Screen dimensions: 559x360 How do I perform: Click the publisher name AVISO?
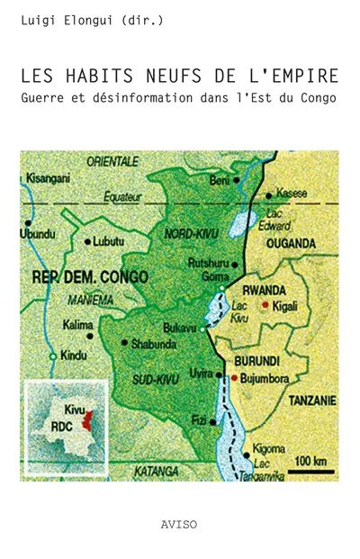(x=180, y=521)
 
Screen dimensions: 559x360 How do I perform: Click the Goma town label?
(x=221, y=277)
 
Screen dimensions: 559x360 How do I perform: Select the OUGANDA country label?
(x=289, y=243)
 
